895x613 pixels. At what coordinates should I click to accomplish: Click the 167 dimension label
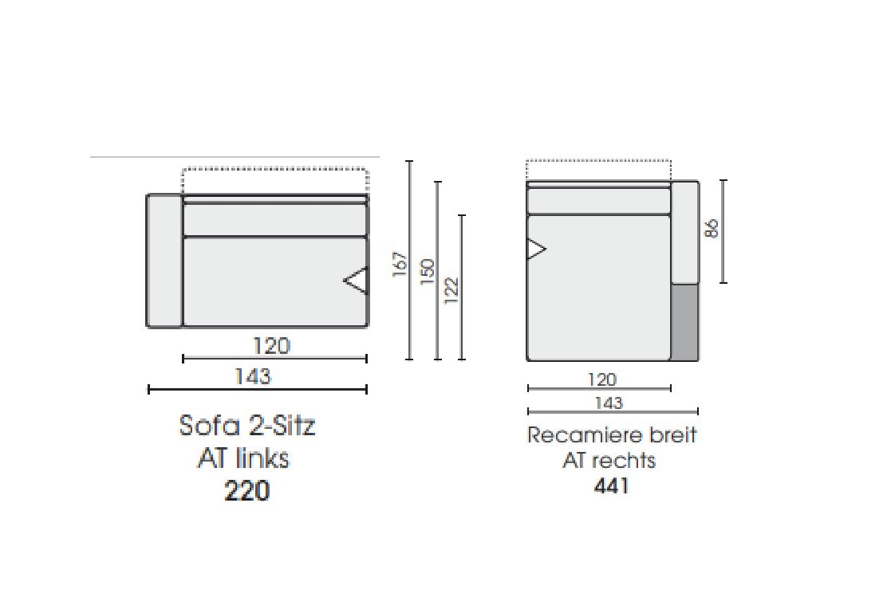pos(400,264)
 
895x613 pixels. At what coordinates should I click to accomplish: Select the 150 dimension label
pos(428,272)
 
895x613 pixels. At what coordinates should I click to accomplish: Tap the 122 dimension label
pos(451,289)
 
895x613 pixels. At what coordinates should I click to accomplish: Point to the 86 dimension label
pos(712,228)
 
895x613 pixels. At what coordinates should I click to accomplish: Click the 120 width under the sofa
pos(272,346)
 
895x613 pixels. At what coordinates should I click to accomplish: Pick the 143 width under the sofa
pos(253,376)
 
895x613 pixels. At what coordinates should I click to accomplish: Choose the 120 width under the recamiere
pos(602,379)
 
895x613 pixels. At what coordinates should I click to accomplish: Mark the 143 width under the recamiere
pos(609,403)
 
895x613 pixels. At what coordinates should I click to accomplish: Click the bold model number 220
pos(247,490)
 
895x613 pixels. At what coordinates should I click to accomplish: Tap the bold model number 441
pos(611,485)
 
